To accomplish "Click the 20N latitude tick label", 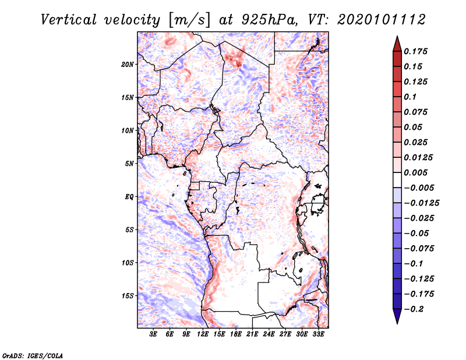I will [x=128, y=64].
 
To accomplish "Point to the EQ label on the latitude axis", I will [x=129, y=197].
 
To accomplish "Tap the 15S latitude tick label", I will [x=128, y=296].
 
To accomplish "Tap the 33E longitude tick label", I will [x=319, y=334].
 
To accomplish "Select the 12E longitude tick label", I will [x=203, y=334].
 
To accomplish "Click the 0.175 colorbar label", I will [x=416, y=51].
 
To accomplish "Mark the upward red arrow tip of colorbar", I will [x=397, y=38].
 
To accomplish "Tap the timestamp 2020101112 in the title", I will [x=375, y=20].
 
